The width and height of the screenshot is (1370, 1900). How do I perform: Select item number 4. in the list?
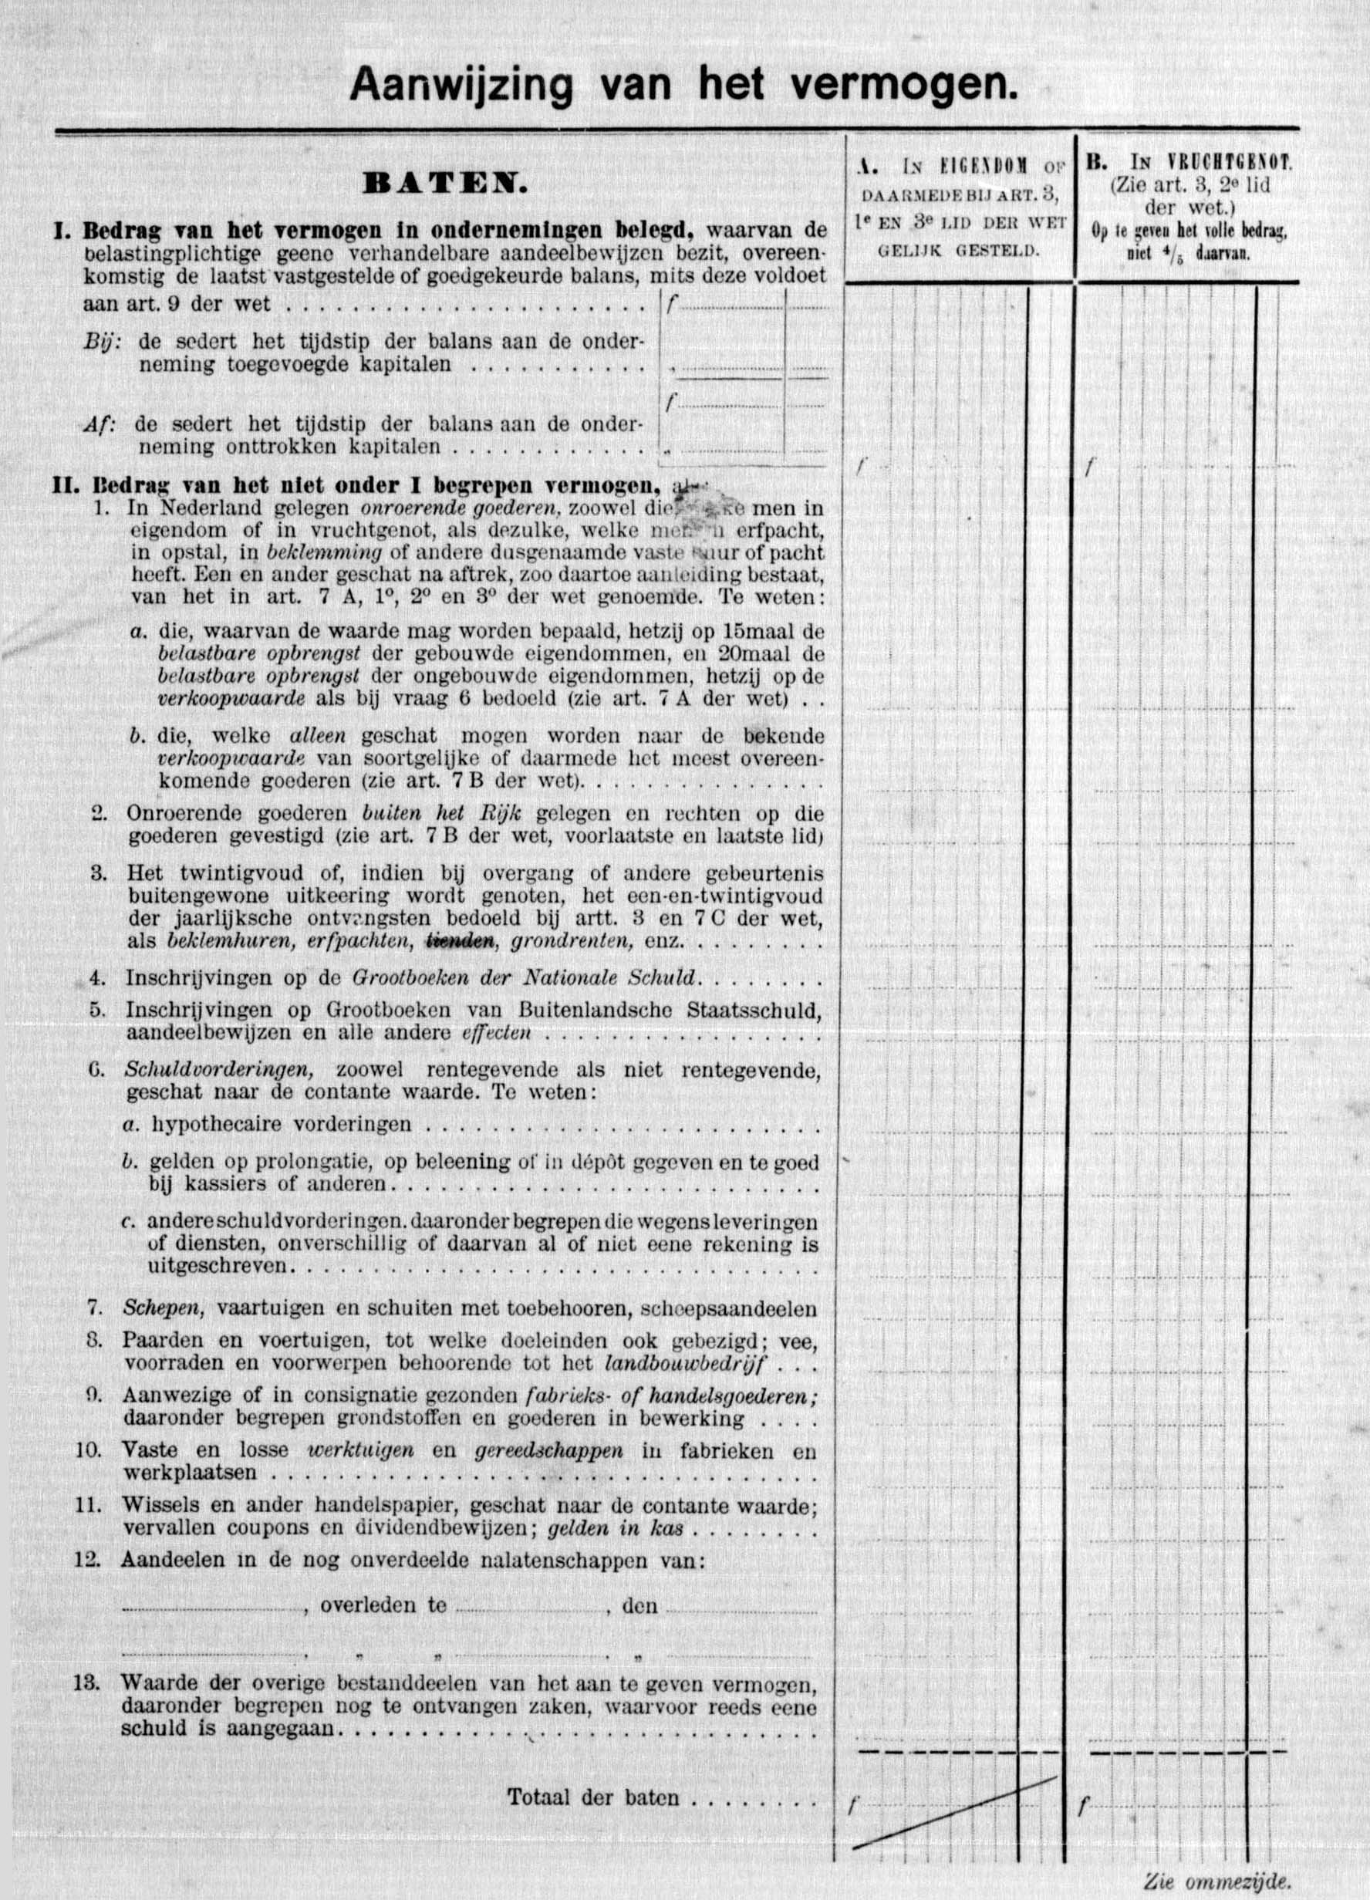[x=98, y=978]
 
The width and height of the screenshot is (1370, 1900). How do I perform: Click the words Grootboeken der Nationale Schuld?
[x=525, y=978]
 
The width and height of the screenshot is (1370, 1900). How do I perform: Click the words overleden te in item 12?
[x=383, y=1606]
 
